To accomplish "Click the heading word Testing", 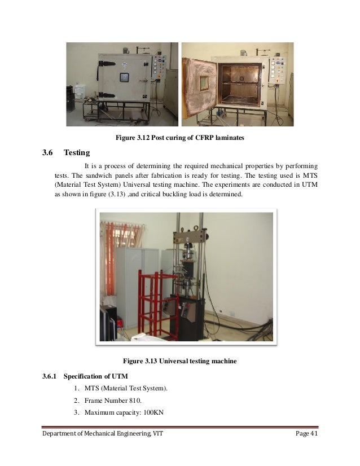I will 77,153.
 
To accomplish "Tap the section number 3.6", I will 47,153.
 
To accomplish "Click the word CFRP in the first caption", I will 196,138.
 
